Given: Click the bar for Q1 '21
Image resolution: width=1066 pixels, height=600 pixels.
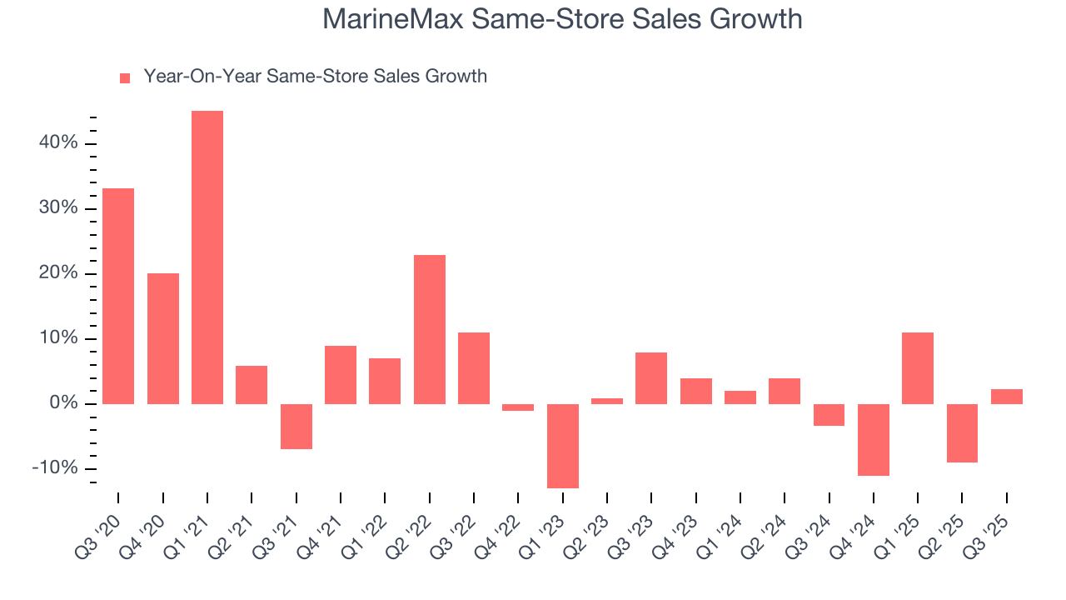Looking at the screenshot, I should click(x=207, y=257).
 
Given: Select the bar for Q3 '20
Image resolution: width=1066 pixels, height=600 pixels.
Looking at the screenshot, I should click(x=118, y=296).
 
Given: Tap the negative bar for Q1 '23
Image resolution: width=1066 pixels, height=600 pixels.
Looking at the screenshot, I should click(x=563, y=446).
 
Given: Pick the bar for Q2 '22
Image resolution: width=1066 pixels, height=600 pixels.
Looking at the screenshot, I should click(x=430, y=329).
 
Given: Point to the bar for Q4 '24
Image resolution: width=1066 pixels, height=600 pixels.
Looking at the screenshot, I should click(x=874, y=440).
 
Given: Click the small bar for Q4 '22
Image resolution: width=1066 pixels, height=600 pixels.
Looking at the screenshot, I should click(x=518, y=407).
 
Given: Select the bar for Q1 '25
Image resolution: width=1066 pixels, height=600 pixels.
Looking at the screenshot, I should click(x=918, y=368).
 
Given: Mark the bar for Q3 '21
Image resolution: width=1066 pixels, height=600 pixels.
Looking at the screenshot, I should click(x=296, y=427).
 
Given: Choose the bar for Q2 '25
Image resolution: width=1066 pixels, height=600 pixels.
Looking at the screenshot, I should click(x=962, y=433).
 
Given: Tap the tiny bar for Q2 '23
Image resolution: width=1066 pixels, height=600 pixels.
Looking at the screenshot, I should click(x=607, y=401).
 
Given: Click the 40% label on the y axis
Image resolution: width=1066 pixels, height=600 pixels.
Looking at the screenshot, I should click(x=57, y=143).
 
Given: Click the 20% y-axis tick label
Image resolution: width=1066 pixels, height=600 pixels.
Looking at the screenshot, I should click(x=57, y=273).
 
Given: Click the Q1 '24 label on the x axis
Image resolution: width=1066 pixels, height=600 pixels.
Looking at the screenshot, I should click(x=725, y=529).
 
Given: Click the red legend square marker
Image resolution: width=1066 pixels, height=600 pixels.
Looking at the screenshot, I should click(x=125, y=78).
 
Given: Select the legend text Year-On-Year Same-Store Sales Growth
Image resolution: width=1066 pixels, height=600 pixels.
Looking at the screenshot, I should click(x=315, y=77).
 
